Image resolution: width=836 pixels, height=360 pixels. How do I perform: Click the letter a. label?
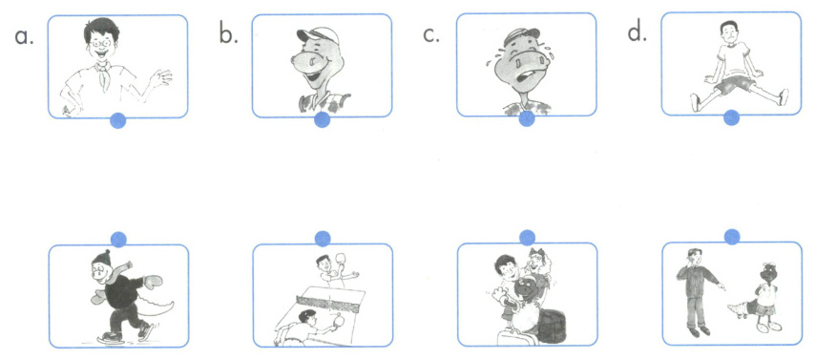point(24,36)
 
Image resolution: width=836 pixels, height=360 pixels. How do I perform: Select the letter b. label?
point(228,34)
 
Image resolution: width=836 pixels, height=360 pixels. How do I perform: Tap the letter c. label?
point(432,35)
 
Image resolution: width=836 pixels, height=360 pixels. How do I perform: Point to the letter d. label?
point(637,33)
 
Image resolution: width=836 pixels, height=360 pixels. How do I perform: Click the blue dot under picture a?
point(117,120)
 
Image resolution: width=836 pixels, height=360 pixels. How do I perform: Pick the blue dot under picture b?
point(322,119)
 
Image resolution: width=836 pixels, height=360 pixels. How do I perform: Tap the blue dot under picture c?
point(527,119)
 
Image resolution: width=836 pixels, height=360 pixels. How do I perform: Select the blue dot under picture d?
point(731,117)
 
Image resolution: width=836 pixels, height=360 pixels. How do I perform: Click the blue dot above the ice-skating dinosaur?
point(118,240)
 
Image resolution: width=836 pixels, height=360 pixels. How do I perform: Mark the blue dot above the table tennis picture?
point(323,239)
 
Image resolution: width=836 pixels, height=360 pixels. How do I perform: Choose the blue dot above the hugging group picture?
point(527,238)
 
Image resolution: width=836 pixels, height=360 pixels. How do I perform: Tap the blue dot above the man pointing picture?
point(732,236)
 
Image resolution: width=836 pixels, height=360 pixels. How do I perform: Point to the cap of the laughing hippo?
point(319,35)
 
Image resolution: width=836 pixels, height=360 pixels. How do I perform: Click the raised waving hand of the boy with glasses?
point(161,78)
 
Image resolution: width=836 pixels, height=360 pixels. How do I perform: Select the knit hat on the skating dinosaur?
point(101,258)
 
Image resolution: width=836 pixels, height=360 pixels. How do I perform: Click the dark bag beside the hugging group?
point(552,326)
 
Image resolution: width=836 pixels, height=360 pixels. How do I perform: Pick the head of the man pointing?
point(693,257)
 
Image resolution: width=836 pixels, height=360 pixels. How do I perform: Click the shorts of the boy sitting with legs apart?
point(736,84)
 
